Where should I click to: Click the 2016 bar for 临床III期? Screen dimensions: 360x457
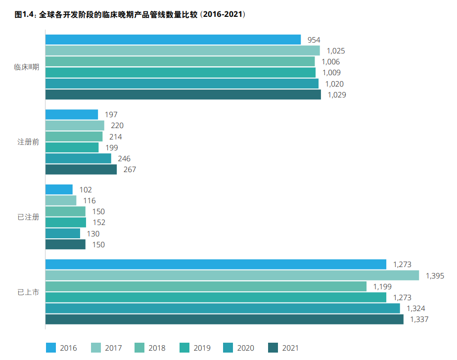173,40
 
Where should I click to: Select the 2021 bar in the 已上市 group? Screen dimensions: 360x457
225,319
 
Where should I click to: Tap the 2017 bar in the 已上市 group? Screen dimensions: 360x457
232,275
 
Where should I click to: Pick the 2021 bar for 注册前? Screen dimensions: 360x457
81,170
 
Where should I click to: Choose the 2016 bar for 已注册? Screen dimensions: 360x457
59,189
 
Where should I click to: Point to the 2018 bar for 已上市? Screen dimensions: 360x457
206,286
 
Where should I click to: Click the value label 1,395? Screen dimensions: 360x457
435,275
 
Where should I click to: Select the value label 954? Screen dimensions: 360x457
314,40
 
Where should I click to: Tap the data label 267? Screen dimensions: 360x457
130,170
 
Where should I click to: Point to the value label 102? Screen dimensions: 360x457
85,189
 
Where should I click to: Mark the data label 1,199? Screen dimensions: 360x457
382,286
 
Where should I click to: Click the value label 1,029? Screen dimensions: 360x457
336,95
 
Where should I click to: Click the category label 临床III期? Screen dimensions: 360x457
27,67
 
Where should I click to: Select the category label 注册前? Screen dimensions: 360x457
28,142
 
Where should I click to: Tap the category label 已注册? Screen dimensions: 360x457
28,217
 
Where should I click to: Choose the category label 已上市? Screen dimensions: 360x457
28,292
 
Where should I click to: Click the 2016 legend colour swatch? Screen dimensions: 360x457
50,348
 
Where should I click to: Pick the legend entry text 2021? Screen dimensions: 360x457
290,348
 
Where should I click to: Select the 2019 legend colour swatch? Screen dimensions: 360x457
184,348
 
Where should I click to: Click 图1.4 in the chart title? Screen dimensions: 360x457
24,15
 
